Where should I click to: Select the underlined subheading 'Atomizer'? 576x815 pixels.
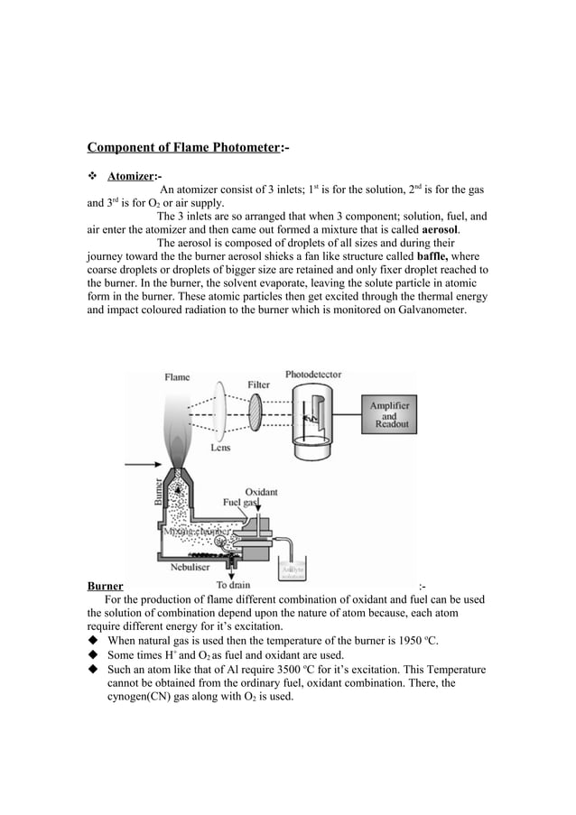(131, 175)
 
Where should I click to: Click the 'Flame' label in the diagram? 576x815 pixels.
(178, 377)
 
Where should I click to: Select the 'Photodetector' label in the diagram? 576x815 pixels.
(313, 374)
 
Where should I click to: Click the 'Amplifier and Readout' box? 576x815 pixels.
(389, 415)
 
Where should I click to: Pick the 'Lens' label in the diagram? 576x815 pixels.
(220, 447)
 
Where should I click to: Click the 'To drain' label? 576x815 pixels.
(235, 585)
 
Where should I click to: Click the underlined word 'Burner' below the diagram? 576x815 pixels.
(105, 587)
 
